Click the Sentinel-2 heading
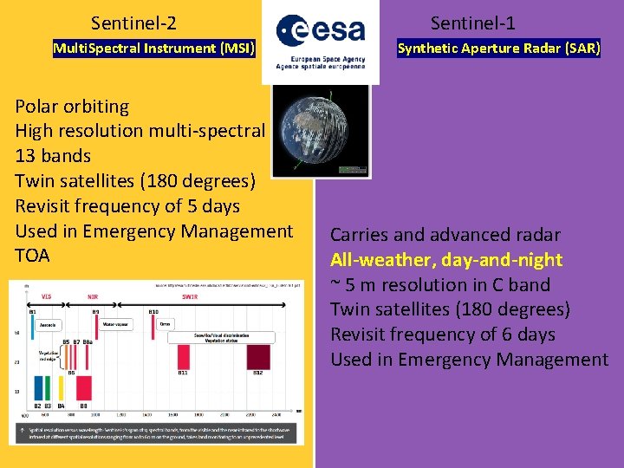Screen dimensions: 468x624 [133, 23]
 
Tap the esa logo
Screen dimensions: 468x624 [320, 41]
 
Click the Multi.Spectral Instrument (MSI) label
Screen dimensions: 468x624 [154, 49]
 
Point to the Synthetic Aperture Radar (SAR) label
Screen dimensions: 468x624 [498, 49]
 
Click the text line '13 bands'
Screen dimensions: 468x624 [53, 156]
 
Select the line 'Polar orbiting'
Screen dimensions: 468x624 [72, 107]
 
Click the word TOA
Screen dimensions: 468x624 [33, 256]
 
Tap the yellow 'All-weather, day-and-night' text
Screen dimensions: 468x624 [446, 260]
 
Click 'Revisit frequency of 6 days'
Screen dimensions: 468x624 [443, 335]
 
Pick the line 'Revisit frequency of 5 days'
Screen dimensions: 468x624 [127, 206]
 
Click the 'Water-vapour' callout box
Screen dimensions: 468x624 [116, 325]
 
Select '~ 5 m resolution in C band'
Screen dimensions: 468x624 [440, 285]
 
